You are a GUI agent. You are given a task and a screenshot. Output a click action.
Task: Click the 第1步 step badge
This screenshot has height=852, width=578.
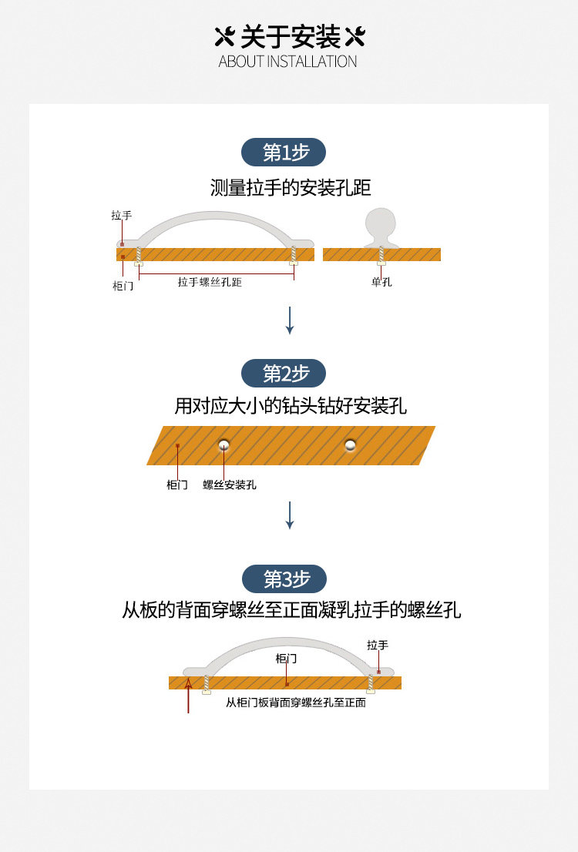tap(284, 153)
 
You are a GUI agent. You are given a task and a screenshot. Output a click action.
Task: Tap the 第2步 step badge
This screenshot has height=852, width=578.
tap(284, 374)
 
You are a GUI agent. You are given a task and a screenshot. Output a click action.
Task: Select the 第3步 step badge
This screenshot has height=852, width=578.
tap(284, 579)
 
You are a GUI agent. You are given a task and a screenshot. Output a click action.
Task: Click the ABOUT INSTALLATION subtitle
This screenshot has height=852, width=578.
tap(287, 62)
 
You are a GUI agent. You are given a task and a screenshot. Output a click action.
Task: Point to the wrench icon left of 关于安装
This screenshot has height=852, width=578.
tap(224, 36)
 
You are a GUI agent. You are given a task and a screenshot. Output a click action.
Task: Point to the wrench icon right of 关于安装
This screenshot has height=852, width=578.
tap(355, 36)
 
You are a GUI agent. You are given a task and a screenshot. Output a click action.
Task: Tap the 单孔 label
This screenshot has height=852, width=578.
tap(381, 283)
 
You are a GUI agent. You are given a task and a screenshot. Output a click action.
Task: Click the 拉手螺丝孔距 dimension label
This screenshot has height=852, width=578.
tap(210, 283)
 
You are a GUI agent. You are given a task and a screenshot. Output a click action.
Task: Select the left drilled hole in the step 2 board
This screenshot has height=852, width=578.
tap(223, 444)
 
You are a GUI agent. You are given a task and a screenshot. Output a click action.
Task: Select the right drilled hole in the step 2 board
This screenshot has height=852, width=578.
tap(351, 444)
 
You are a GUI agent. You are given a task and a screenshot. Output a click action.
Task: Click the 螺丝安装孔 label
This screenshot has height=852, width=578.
tap(230, 485)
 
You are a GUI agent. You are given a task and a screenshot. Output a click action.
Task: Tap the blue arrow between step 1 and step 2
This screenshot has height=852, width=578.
tap(290, 320)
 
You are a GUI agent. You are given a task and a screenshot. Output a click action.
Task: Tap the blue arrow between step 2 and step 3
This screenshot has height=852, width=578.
tap(290, 515)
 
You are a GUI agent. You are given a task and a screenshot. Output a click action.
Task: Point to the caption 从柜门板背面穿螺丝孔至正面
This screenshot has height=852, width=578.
tap(295, 703)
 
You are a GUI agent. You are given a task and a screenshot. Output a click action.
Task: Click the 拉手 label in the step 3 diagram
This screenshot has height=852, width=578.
tap(378, 645)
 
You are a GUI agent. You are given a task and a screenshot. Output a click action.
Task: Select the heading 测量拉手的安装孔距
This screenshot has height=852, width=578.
tap(291, 187)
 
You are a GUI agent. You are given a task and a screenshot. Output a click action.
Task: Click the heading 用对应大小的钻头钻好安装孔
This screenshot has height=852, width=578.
tap(291, 406)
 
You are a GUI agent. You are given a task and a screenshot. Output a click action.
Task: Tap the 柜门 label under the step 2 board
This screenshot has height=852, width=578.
tap(177, 485)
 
